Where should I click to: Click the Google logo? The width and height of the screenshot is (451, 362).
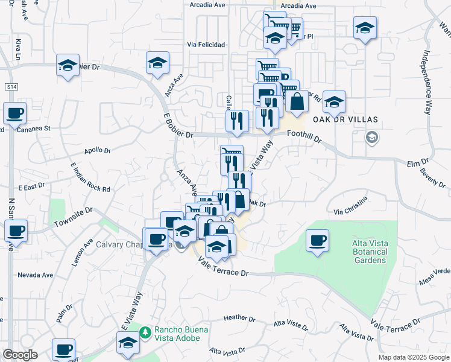click(20, 355)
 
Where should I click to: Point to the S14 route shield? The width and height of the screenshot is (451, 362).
click(11, 87)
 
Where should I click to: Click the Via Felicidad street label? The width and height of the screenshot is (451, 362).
click(206, 45)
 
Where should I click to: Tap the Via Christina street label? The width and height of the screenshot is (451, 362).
click(350, 212)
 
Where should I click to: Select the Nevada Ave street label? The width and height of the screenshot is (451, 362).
click(35, 275)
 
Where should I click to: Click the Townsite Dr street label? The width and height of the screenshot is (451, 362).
click(71, 218)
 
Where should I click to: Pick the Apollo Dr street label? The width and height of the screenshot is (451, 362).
click(98, 150)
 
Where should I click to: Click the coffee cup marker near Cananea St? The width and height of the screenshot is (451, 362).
click(14, 113)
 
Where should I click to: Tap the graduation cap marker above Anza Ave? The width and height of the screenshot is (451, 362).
click(157, 62)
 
